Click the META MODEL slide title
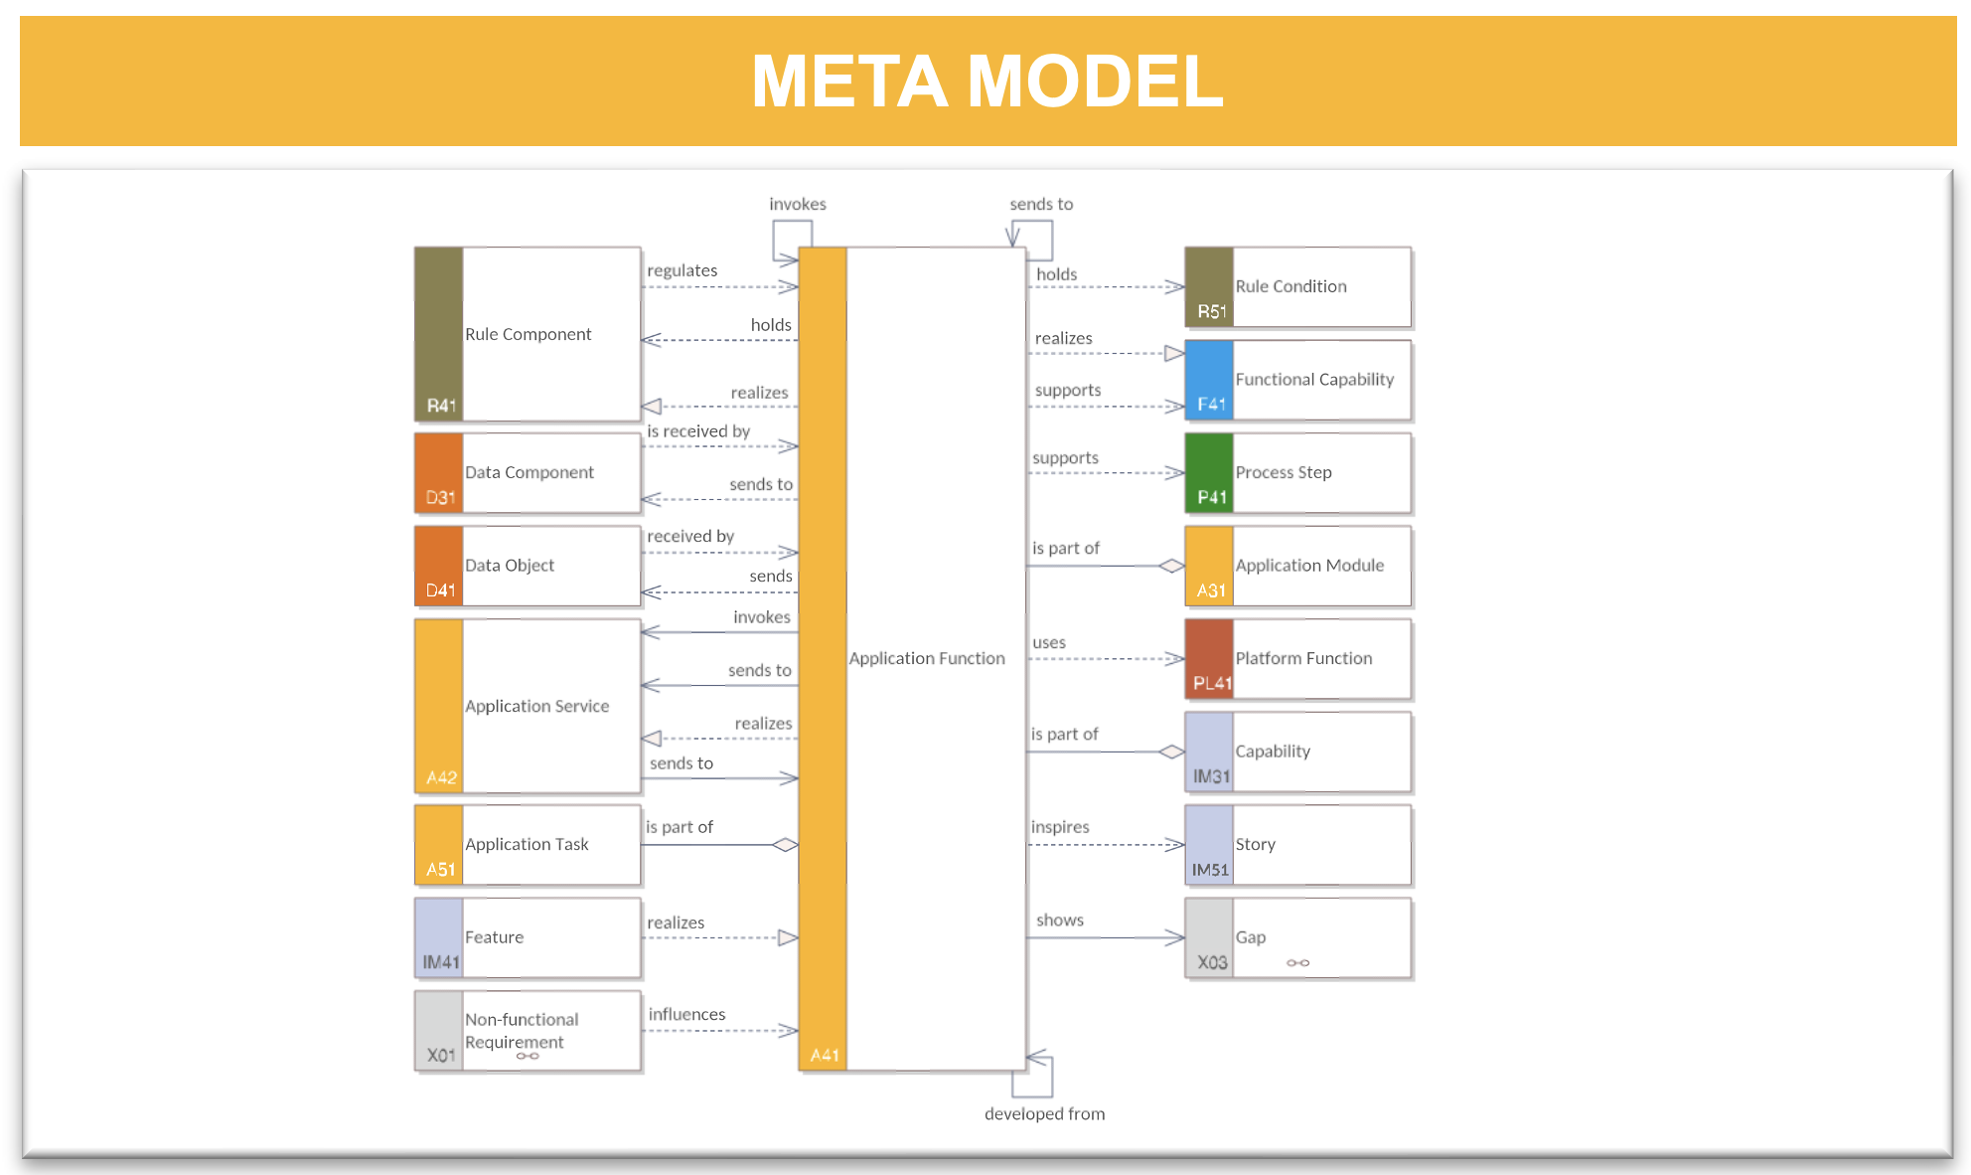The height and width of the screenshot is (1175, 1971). pos(987,81)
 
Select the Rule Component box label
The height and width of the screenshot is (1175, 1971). pos(528,334)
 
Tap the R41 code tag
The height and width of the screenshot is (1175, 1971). pos(441,406)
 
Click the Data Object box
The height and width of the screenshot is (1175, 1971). pos(528,566)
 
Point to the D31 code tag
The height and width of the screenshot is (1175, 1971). pos(440,497)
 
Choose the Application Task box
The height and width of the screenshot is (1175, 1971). pos(528,845)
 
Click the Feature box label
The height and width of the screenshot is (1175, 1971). pos(494,937)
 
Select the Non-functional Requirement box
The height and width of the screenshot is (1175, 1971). pos(528,1031)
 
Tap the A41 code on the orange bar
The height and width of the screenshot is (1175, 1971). pos(825,1055)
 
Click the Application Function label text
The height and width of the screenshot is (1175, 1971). pos(927,658)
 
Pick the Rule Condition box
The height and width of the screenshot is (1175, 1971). pos(1298,287)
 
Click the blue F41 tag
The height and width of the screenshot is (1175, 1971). pos(1211,404)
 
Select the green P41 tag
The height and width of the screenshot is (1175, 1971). pos(1211,497)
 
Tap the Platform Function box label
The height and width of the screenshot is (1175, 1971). pos(1303,658)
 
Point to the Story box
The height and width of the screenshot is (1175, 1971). pos(1298,845)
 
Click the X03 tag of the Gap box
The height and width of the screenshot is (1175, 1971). pos(1212,962)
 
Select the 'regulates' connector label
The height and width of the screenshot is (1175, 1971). pos(682,270)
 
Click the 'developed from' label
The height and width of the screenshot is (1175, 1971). pos(1044,1114)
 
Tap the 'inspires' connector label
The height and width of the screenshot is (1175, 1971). pos(1060,827)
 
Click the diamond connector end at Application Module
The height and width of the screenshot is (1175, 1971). pos(1172,566)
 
